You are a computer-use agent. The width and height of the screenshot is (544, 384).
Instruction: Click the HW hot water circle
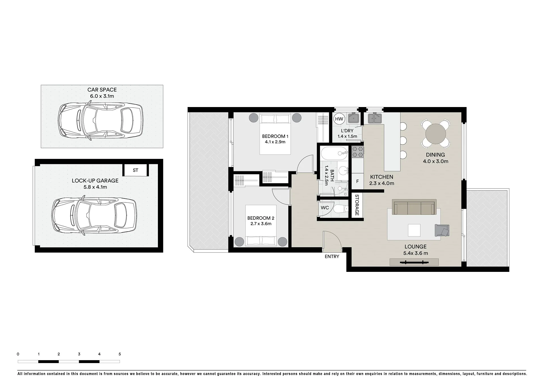tap(339, 119)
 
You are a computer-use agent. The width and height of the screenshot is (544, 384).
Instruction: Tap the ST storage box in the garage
tap(136, 170)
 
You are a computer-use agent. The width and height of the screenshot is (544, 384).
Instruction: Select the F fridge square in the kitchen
tap(357, 181)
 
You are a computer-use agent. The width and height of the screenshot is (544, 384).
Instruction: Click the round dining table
tap(435, 134)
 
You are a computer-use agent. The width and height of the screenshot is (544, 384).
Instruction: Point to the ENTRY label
tap(332, 257)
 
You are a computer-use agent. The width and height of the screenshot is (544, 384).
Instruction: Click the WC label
tap(325, 208)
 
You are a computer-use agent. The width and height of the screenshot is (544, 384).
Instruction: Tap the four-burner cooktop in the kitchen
tap(357, 152)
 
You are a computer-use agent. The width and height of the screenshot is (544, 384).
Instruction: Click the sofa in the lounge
tap(414, 207)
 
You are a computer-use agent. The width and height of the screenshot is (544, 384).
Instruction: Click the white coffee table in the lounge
tap(414, 230)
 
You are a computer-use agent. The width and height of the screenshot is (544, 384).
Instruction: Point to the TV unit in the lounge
tap(414, 262)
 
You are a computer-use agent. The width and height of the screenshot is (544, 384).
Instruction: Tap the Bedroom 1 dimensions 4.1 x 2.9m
tap(275, 142)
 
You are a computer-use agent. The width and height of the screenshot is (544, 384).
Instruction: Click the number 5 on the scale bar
tap(120, 354)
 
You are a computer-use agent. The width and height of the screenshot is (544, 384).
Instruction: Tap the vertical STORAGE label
tap(357, 205)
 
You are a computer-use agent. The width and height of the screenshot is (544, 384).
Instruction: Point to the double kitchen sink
tap(375, 118)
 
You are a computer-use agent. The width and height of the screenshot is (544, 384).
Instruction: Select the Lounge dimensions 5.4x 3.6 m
tap(416, 253)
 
